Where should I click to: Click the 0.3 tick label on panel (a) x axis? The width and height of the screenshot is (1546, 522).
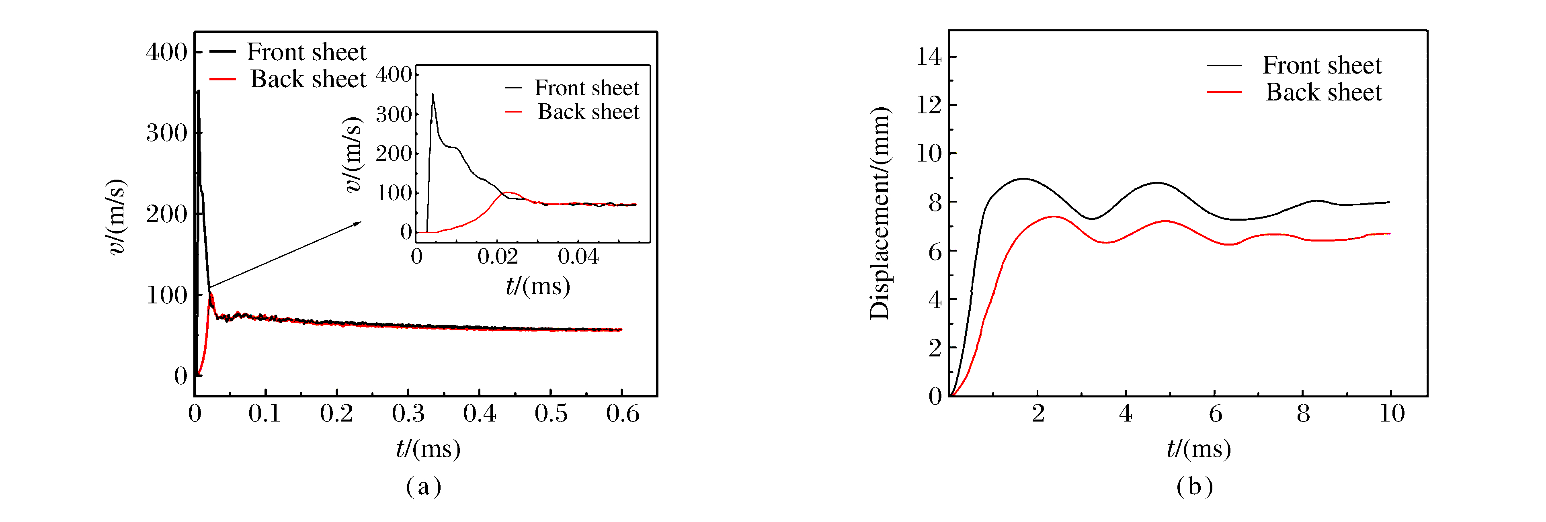coord(408,414)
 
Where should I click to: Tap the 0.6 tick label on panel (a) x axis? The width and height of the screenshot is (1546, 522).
coord(622,414)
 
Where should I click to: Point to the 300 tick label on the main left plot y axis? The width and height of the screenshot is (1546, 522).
coord(166,133)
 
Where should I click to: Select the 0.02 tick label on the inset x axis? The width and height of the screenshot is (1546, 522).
coord(498,257)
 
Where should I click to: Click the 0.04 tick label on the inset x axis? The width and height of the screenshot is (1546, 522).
coord(578,257)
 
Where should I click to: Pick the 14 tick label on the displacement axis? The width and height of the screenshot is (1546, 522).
coord(929,57)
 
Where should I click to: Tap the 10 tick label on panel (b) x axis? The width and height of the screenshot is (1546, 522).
coord(1392,414)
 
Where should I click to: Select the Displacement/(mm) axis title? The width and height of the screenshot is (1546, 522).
coord(880,213)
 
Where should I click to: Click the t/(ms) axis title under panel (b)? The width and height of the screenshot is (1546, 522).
coord(1199,449)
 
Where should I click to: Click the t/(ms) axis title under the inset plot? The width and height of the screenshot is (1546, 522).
coord(538,286)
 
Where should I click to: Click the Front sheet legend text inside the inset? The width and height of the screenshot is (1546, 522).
coord(587,88)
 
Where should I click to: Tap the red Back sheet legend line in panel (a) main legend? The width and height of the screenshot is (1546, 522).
coord(222,79)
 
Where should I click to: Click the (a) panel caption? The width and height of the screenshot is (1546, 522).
coord(424,486)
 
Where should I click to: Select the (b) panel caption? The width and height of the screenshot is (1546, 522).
coord(1194,486)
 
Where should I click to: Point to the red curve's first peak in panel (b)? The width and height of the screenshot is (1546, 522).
coord(1053,217)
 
